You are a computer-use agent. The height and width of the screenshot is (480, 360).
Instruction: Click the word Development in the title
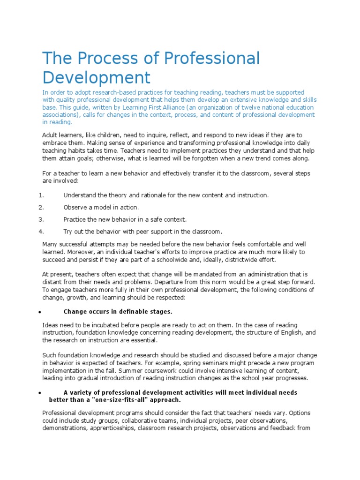coord(97,77)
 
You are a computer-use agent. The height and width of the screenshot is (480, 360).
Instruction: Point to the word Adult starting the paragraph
coord(50,135)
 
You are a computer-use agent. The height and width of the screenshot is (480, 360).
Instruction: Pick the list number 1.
coord(41,195)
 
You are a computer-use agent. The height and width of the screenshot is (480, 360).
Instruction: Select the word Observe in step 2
coord(75,207)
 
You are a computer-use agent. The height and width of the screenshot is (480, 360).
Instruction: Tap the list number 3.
coord(41,219)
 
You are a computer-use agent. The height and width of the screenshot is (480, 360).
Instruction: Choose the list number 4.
coord(41,231)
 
